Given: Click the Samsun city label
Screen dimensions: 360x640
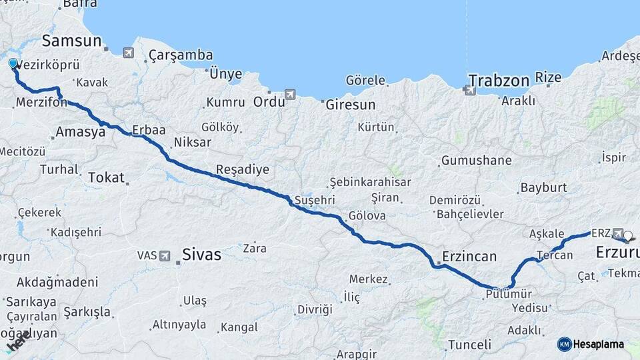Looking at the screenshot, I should [71, 41].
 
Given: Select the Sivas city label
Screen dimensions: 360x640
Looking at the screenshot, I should [203, 254].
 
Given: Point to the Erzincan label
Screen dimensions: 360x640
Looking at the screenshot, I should [469, 257].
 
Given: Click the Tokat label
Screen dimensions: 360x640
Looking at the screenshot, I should [106, 177].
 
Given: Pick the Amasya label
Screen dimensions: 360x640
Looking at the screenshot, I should [81, 132].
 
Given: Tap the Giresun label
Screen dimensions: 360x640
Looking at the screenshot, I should [350, 105].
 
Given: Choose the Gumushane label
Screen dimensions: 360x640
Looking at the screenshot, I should [475, 161].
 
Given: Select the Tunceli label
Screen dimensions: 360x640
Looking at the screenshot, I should [469, 345].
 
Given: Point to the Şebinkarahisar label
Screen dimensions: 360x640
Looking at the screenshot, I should [370, 182].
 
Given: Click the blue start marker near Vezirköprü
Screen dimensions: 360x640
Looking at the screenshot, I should [13, 63].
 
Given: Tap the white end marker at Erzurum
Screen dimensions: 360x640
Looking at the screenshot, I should [628, 235].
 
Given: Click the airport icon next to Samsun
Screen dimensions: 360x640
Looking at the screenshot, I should [128, 52].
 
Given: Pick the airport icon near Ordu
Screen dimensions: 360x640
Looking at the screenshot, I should [290, 95].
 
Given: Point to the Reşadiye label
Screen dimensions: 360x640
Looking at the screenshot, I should [243, 169].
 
